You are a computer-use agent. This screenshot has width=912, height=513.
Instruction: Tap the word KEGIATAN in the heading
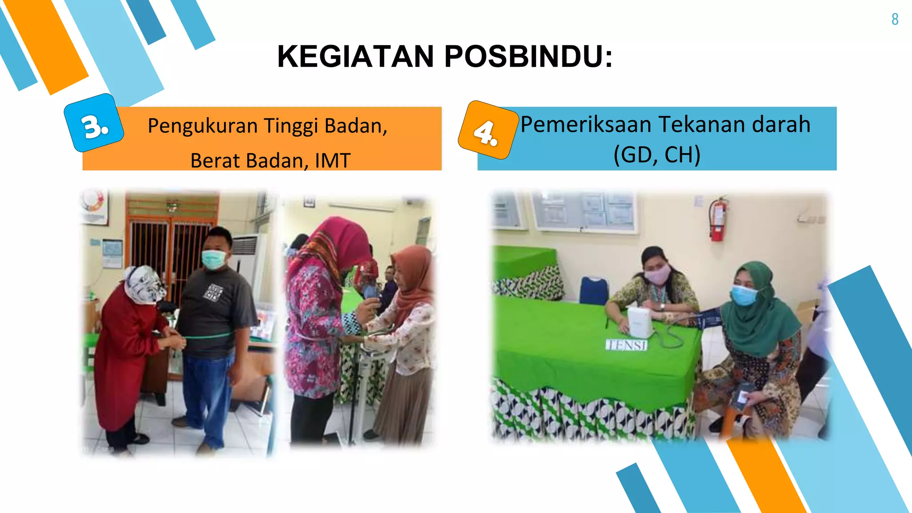[x=355, y=57]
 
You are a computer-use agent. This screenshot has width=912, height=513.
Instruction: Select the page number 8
[x=895, y=20]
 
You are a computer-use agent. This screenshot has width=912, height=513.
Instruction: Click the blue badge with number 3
[x=94, y=123]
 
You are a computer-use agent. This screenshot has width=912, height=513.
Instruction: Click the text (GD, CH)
[x=657, y=155]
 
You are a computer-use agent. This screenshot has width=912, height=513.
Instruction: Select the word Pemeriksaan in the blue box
[x=586, y=124]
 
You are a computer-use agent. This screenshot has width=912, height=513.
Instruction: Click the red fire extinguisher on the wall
[x=717, y=219]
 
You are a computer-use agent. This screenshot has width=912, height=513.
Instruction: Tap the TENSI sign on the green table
[x=626, y=345]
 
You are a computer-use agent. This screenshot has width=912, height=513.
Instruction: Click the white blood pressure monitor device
[x=640, y=322]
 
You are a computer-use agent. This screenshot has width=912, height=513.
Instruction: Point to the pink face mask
[x=657, y=274]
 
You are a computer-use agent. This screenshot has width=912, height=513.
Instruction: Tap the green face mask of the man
[x=213, y=259]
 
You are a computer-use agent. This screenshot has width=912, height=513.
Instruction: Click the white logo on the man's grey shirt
[x=214, y=292]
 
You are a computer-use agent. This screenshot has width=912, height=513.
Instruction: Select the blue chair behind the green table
[x=594, y=289]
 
